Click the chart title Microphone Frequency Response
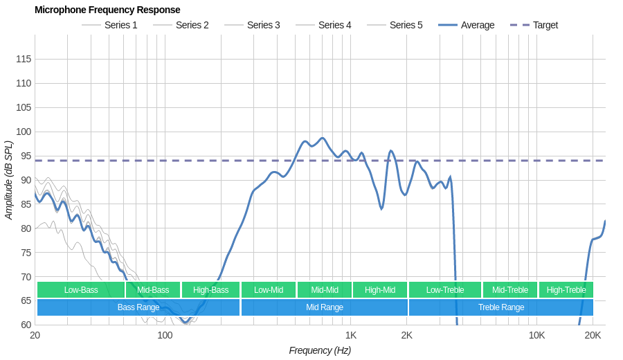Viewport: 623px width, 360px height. pos(107,10)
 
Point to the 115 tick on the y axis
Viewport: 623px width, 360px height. pos(24,59)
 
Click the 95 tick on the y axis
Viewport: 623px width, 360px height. pos(24,156)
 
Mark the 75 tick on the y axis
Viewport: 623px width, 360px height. pos(24,253)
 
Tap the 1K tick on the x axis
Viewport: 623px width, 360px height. pos(351,336)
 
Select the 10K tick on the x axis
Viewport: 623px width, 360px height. pos(536,336)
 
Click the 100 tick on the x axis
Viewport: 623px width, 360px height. pos(165,336)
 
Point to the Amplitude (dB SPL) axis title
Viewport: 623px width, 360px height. pos(8,180)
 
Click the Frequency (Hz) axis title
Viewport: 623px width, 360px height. pos(320,350)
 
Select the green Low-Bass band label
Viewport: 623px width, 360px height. pos(81,290)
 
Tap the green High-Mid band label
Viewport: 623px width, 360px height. pos(380,290)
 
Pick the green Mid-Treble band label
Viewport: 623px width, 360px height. pos(510,290)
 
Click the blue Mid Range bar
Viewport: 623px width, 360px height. pos(325,307)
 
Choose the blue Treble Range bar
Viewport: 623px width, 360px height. pos(501,307)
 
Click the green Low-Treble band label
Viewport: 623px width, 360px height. pos(445,290)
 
